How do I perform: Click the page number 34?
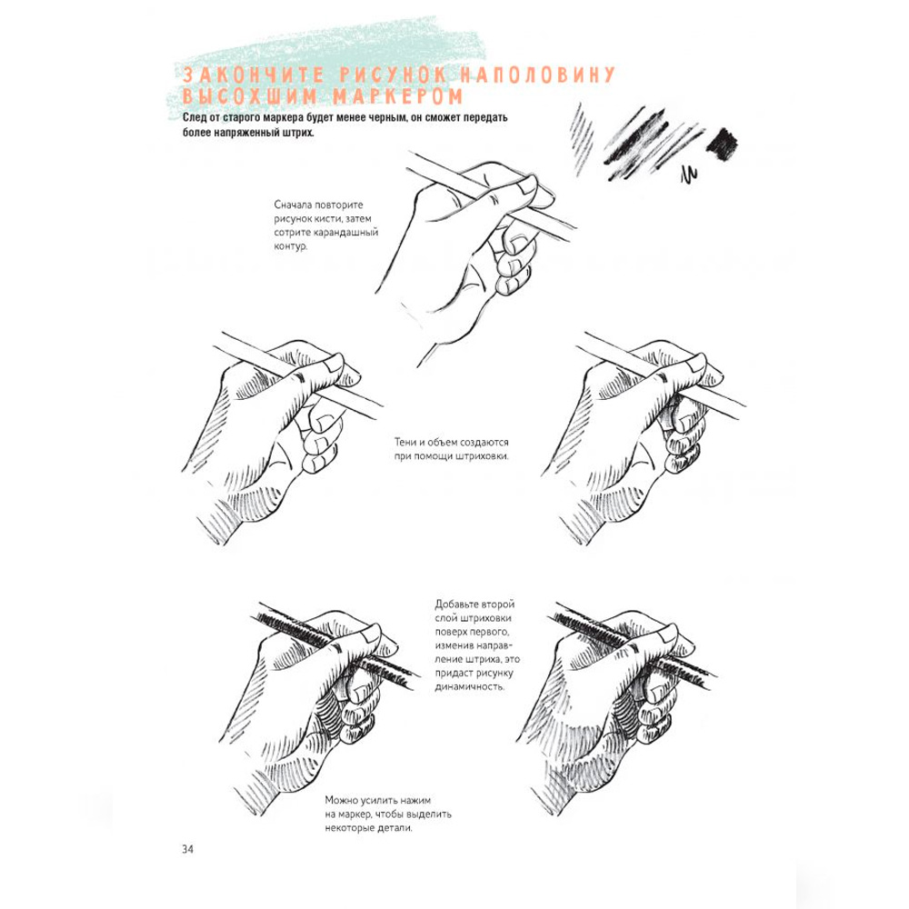188,849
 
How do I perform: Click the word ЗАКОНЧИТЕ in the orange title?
254,75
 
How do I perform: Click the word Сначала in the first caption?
294,205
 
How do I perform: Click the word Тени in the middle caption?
406,443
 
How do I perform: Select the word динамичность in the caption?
470,687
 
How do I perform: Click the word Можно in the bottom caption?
341,801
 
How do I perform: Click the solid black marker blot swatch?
722,144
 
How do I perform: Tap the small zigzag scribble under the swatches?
688,175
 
